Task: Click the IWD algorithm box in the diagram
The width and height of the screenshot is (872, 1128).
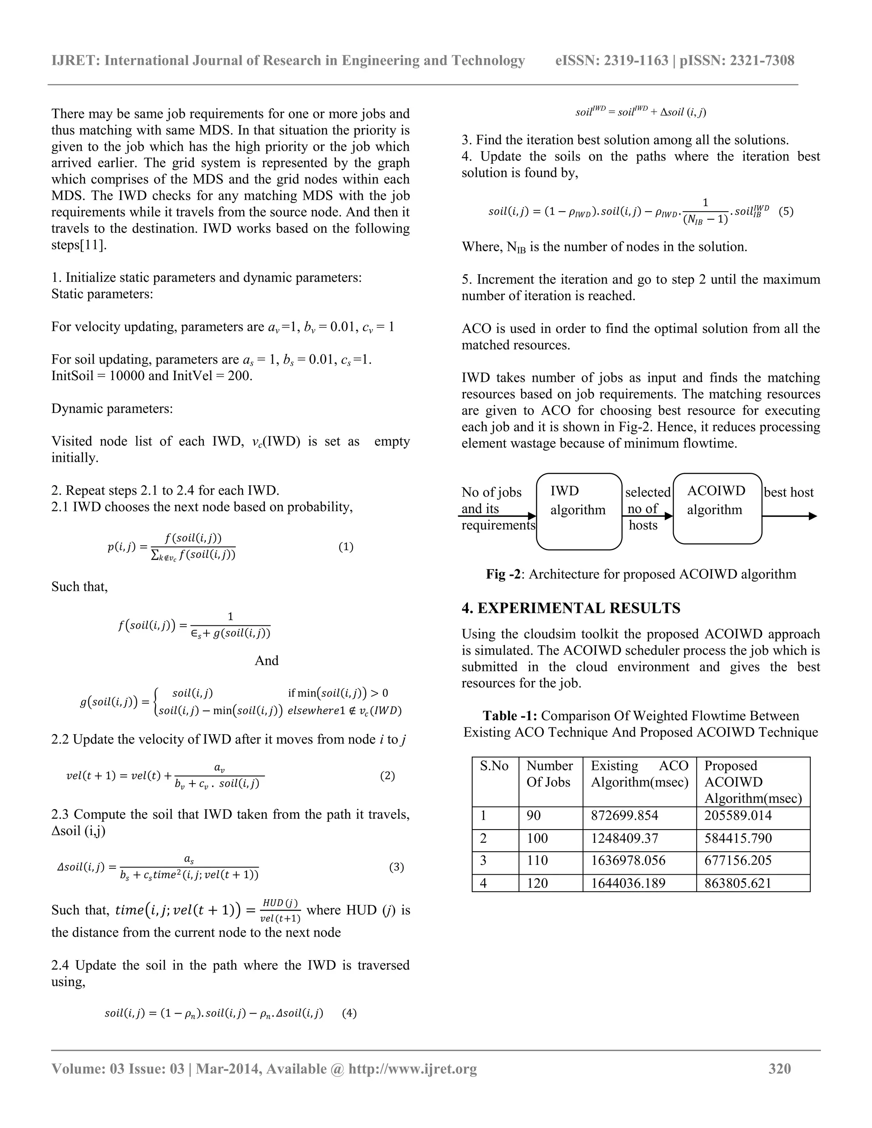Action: pos(579,511)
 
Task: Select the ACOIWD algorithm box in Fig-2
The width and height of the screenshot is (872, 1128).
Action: pos(717,508)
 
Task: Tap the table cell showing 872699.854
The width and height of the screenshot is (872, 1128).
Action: pos(624,816)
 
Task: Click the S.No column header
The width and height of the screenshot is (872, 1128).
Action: pos(494,766)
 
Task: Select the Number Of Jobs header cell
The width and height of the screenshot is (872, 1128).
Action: pos(550,774)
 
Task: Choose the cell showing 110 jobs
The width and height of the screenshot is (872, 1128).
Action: pos(537,860)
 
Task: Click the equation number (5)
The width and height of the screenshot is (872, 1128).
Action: pos(786,211)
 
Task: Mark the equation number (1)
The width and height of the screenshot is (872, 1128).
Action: pos(346,547)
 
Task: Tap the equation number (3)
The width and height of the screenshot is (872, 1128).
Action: pos(396,867)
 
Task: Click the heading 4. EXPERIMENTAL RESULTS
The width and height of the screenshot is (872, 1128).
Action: pos(571,608)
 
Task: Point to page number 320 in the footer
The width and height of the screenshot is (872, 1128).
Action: pos(780,1068)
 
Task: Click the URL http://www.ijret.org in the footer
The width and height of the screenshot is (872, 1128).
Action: pos(412,1068)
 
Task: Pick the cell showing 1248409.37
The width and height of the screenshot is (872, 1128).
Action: pos(624,838)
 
